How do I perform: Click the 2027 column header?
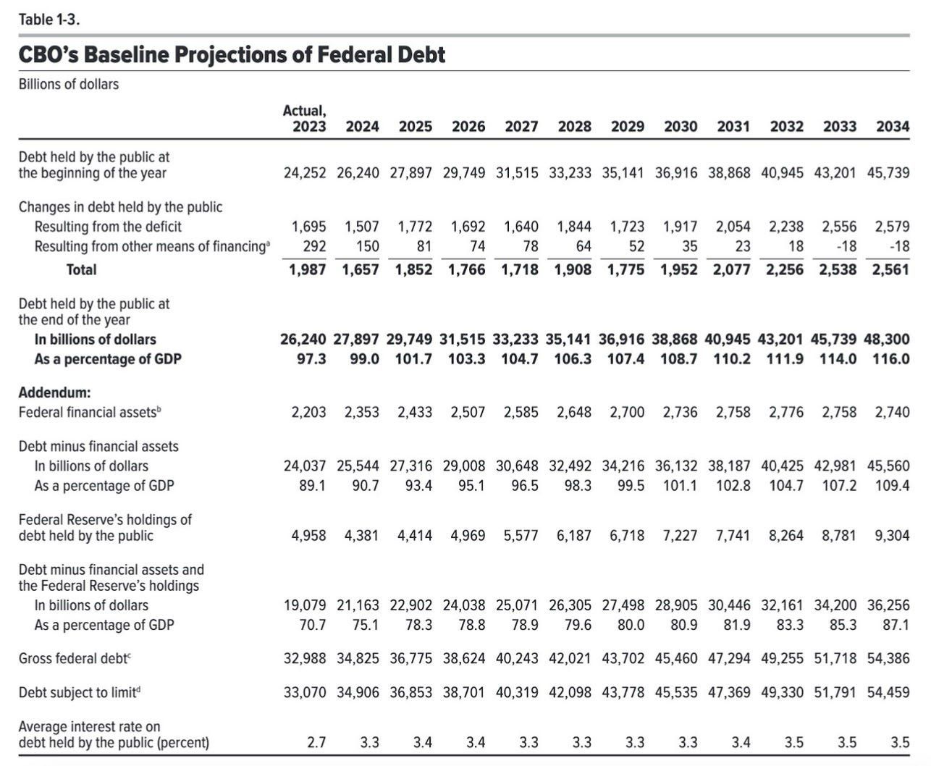[521, 127]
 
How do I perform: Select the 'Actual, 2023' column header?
[305, 118]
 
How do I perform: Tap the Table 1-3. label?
[49, 20]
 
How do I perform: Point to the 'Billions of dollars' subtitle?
[69, 84]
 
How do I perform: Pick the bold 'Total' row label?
[81, 269]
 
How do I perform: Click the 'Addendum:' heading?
[55, 392]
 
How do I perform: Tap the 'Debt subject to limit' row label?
[80, 692]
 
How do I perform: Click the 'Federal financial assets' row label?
[90, 412]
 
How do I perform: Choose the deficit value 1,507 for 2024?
[362, 227]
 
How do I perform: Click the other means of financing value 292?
[314, 246]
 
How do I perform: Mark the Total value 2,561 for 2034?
[891, 269]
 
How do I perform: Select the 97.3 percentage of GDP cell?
[311, 359]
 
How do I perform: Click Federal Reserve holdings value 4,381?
[362, 536]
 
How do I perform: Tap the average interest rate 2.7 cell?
[316, 743]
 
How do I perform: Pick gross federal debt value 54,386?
[888, 658]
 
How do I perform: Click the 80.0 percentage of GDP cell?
[630, 625]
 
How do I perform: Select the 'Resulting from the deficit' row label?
[108, 227]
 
